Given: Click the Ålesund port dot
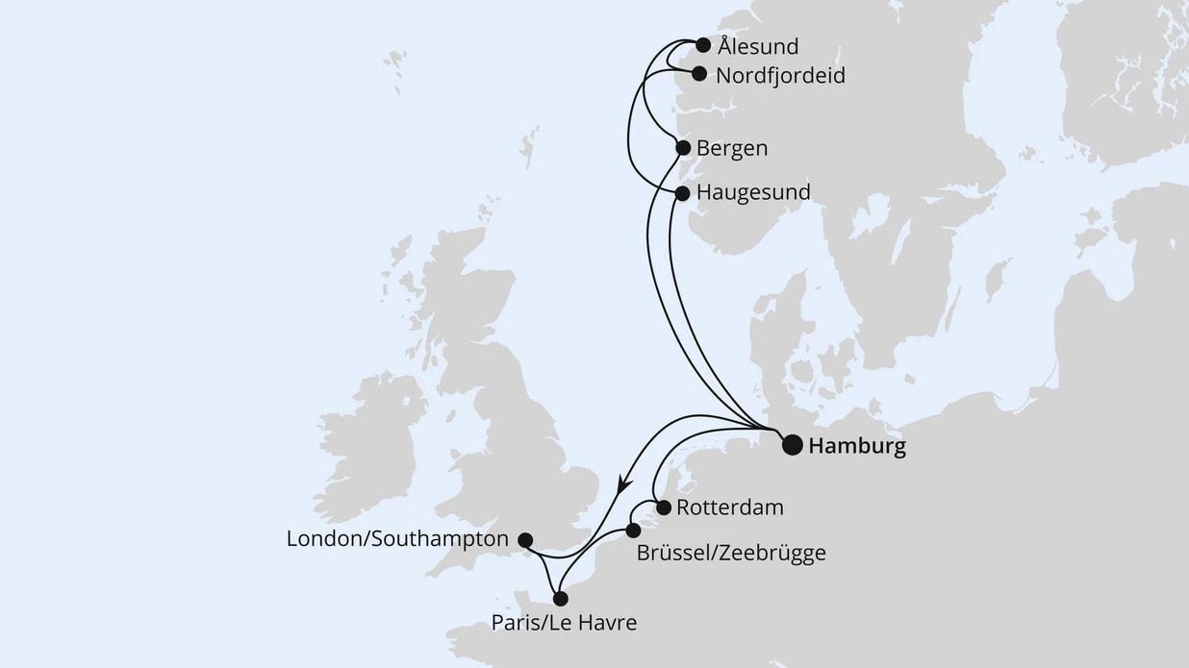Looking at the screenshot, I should [x=703, y=45].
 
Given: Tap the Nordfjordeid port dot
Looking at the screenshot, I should [x=699, y=73].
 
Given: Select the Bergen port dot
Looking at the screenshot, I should [x=683, y=148].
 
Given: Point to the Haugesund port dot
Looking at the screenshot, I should [x=682, y=193].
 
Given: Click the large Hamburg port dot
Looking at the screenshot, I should [x=792, y=445].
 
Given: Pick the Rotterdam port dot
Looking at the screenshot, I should [x=663, y=507].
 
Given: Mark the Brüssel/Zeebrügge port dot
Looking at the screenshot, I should [x=633, y=531].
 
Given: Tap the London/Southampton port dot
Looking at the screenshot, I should [x=525, y=540].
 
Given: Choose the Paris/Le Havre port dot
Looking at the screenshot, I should [x=561, y=599].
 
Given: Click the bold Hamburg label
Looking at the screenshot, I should [x=858, y=447].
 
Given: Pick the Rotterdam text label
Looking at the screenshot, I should [x=730, y=507].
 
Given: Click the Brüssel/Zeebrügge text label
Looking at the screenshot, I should [x=731, y=554].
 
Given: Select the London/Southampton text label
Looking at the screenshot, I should [x=397, y=540].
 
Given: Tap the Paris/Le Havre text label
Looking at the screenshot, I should [x=564, y=623].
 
